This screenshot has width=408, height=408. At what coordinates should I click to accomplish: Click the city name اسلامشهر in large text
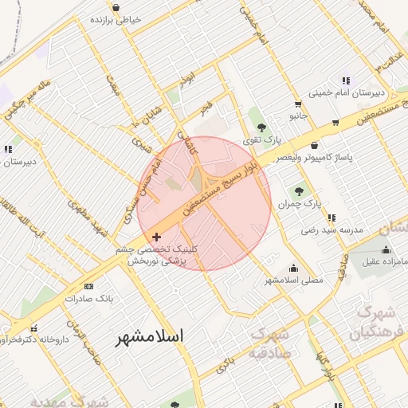(150, 336)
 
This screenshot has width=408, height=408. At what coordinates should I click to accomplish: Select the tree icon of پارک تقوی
(261, 126)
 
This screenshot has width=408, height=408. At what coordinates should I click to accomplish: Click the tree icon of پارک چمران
(300, 190)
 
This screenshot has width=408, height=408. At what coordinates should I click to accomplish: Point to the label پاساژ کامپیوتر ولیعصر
(314, 159)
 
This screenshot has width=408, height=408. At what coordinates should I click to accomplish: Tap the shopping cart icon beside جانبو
(298, 104)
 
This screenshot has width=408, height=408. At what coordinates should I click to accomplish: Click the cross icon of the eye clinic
(156, 236)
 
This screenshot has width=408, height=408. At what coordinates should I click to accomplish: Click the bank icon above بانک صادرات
(88, 286)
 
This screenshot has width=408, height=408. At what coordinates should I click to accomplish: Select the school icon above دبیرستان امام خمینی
(345, 80)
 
